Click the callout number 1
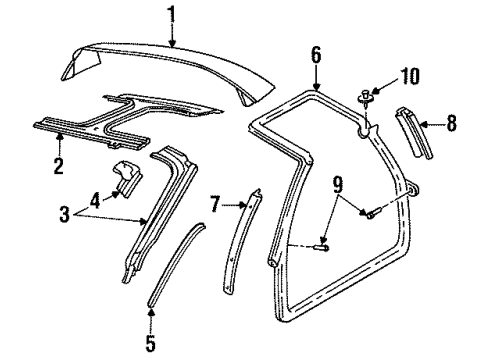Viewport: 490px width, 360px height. (171, 14)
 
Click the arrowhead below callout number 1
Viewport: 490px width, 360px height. (172, 45)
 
